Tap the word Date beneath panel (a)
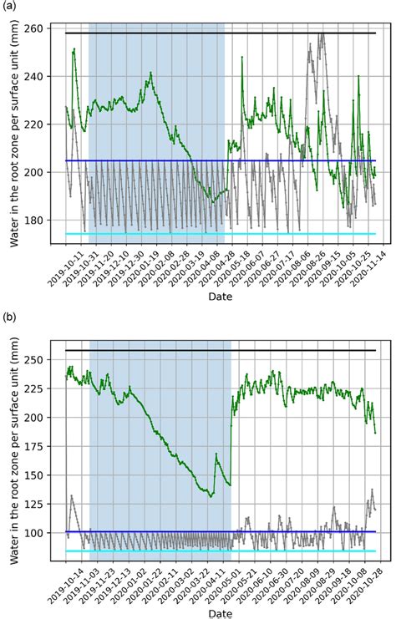pos(221,293)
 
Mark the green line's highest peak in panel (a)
pos(74,49)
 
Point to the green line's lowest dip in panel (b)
pos(211,496)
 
